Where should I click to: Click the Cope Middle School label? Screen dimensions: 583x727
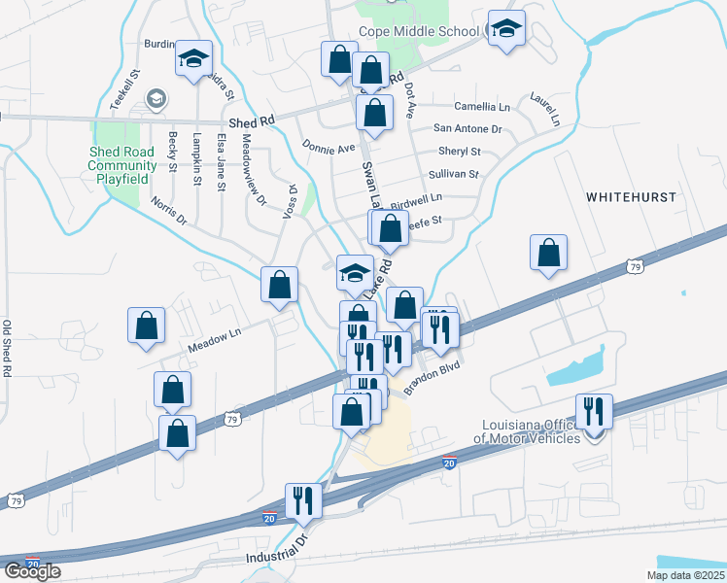418,31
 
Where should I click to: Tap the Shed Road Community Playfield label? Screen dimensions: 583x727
122,165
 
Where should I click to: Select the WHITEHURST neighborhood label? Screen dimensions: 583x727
631,196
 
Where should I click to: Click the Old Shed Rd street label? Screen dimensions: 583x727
8,348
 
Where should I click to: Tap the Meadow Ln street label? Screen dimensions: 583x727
214,336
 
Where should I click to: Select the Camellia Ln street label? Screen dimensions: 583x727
482,107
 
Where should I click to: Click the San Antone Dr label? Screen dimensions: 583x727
467,128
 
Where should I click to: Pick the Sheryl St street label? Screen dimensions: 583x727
460,152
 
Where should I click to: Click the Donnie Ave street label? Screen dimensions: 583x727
329,149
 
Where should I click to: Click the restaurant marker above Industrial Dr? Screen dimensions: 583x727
301,501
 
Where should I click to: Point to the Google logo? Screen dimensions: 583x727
33,571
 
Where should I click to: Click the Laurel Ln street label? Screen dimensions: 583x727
545,109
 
